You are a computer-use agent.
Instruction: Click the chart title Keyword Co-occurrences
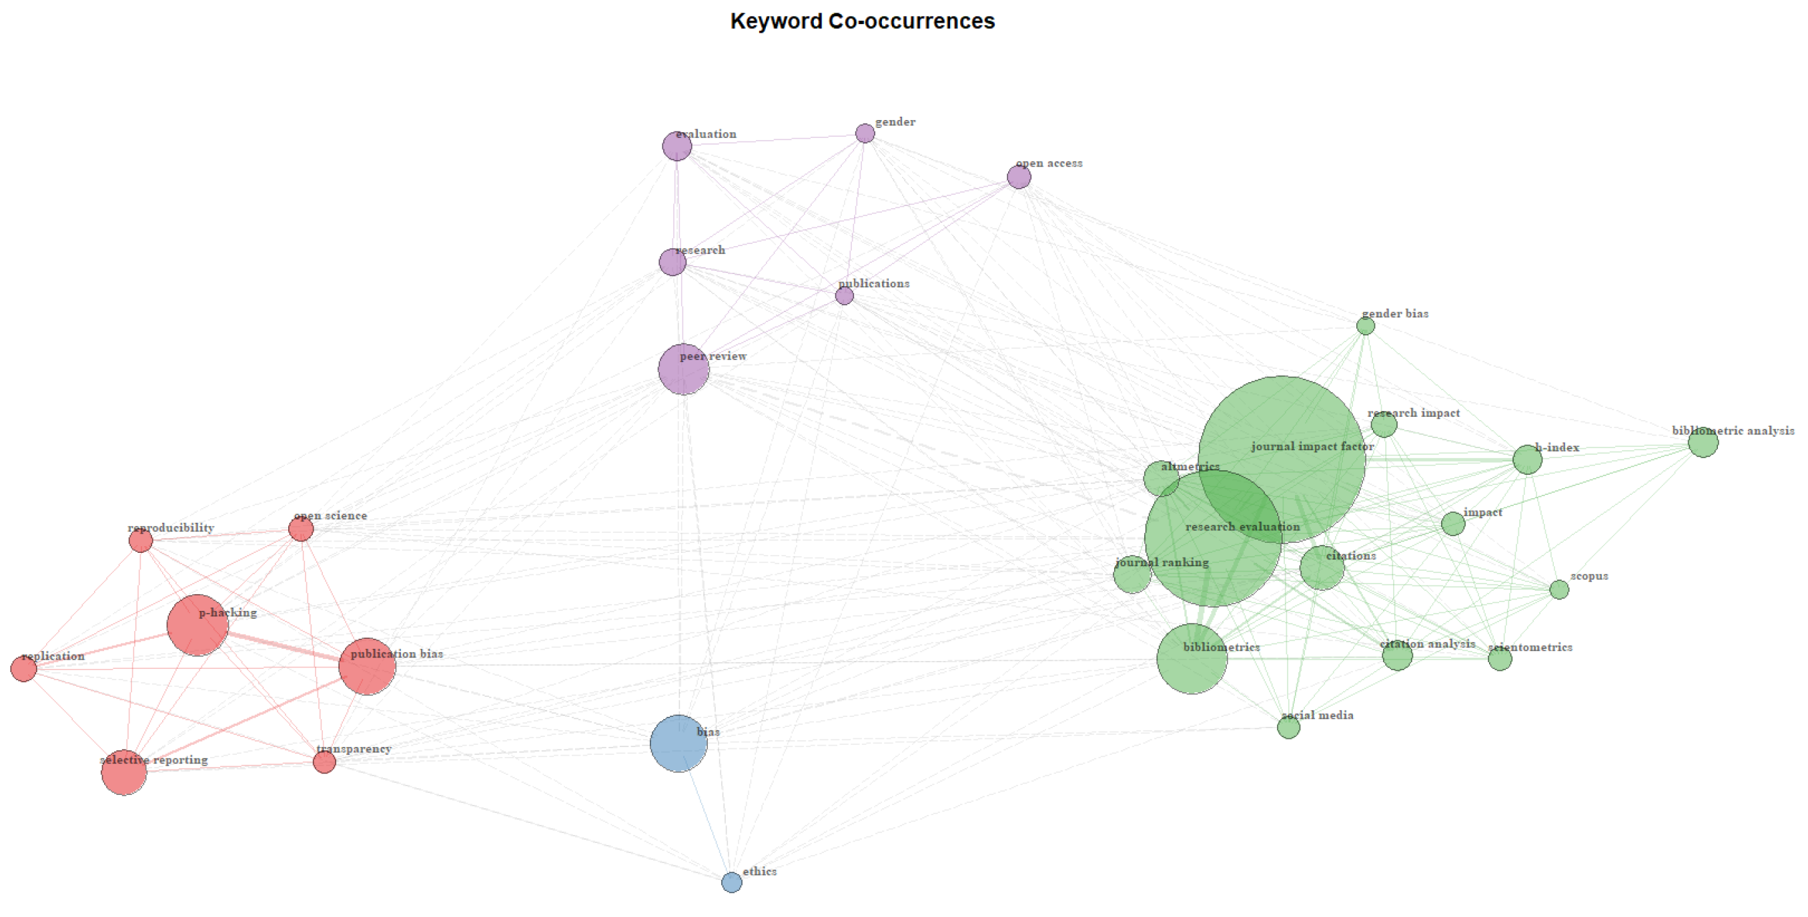862,21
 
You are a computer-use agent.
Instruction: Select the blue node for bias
679,744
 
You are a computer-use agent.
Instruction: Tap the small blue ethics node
731,882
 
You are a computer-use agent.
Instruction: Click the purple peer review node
683,369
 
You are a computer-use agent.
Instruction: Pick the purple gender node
865,133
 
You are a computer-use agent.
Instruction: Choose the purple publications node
845,295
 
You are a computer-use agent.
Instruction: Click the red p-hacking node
197,625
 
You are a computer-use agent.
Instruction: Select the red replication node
24,669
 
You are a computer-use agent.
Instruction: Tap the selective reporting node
124,772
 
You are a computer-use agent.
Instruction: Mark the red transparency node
324,762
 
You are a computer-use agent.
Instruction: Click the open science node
301,529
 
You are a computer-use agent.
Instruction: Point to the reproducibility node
141,540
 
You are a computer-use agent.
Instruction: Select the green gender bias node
1365,325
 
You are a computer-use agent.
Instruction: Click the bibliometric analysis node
1703,442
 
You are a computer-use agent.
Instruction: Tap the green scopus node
1559,590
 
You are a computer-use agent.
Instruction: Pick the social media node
1288,728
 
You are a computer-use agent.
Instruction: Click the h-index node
1527,460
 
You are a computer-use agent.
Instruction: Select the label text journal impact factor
1312,446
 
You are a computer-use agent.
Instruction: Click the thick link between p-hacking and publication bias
284,646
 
